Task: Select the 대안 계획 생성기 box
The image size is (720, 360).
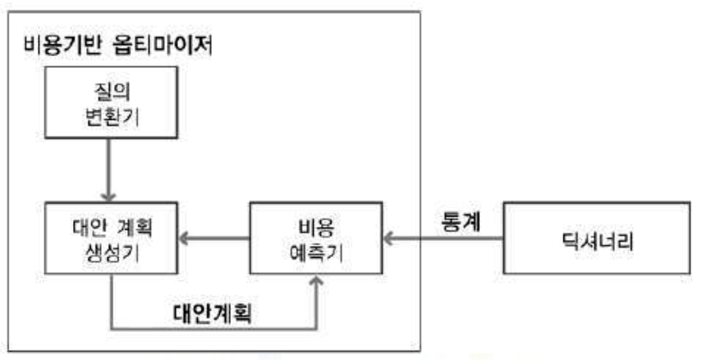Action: click(110, 239)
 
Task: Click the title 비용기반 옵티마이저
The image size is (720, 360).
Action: click(117, 47)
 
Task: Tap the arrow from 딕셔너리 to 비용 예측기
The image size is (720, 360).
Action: click(443, 239)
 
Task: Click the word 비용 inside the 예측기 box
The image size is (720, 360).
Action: click(316, 226)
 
